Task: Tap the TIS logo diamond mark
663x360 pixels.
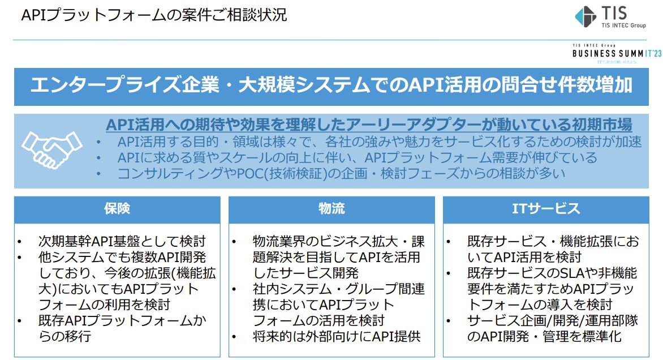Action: coord(585,16)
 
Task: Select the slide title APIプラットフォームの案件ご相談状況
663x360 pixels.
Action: coord(154,15)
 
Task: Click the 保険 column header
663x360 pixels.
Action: coord(117,209)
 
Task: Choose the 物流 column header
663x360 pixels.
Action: coord(331,209)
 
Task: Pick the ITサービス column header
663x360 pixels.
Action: coord(545,209)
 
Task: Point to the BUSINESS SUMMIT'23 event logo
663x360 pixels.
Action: coord(616,53)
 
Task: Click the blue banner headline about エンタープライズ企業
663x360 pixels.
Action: coord(331,86)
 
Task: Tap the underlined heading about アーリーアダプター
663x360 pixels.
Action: coord(369,125)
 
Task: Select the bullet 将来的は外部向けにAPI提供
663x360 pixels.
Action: coord(337,337)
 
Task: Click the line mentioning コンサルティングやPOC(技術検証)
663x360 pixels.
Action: coord(341,174)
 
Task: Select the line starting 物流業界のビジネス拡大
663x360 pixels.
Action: coord(338,242)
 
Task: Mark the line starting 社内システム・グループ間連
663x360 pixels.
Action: coord(338,289)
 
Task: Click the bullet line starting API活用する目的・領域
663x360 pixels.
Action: coord(379,142)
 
